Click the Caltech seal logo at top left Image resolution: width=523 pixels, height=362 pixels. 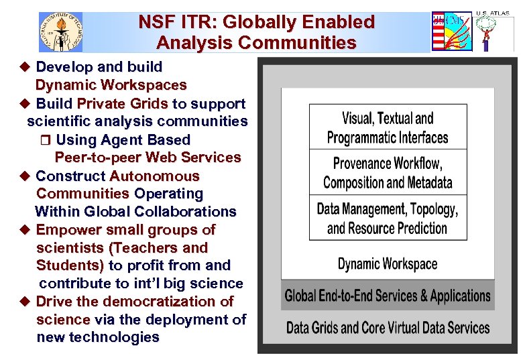pyautogui.click(x=60, y=32)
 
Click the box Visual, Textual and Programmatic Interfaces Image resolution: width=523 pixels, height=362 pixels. pyautogui.click(x=388, y=127)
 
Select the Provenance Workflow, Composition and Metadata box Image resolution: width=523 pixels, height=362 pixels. pyautogui.click(x=388, y=172)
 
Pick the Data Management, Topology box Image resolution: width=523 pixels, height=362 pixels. pyautogui.click(x=388, y=218)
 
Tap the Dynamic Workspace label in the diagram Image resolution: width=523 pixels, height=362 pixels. pyautogui.click(x=388, y=263)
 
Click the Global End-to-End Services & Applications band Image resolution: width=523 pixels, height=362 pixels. pyautogui.click(x=388, y=296)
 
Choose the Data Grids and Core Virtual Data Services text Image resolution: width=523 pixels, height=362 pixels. pyautogui.click(x=388, y=328)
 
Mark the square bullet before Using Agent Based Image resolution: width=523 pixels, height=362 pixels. pyautogui.click(x=46, y=140)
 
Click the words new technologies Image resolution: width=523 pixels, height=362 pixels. pyautogui.click(x=98, y=337)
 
